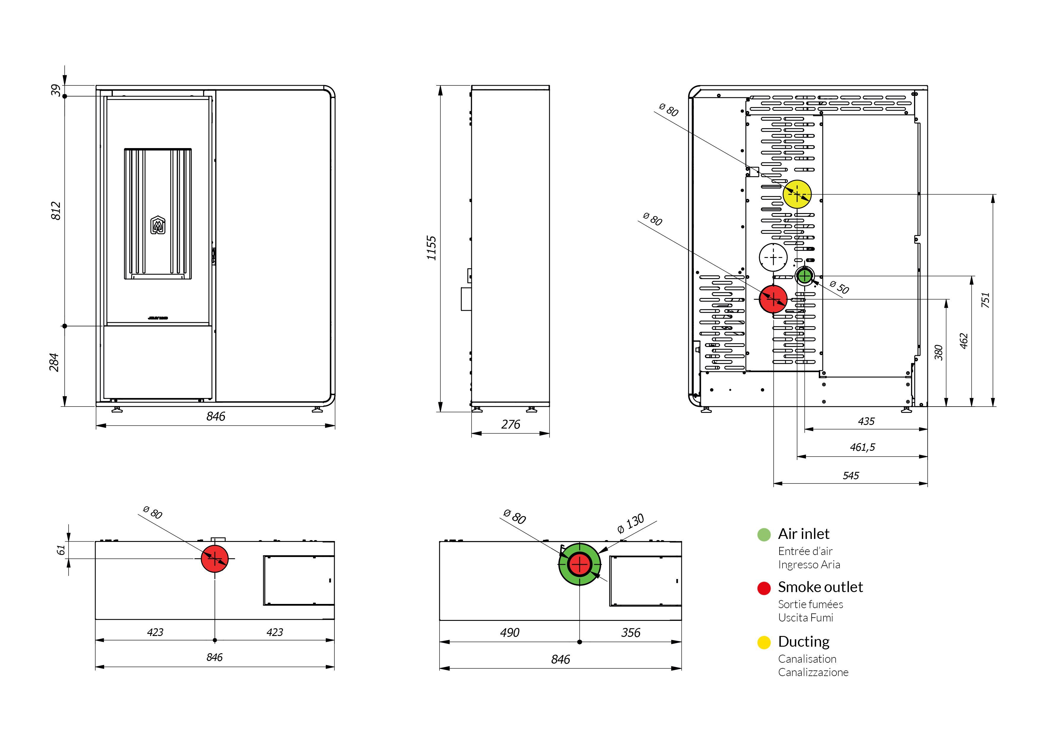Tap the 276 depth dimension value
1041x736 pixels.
(x=510, y=424)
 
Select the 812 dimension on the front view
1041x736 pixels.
(x=56, y=211)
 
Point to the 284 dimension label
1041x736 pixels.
(x=54, y=362)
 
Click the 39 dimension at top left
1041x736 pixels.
(x=56, y=90)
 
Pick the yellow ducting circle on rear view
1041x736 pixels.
(x=797, y=194)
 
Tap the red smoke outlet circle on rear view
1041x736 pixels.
(x=773, y=299)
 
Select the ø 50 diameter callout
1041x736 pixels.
(x=839, y=287)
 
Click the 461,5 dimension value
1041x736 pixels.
(x=862, y=448)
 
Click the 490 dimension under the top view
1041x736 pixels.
(x=510, y=633)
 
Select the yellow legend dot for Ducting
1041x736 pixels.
(x=764, y=642)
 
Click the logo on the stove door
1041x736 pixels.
(x=158, y=225)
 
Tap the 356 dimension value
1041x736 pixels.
(x=631, y=633)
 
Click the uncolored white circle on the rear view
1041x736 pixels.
(x=773, y=257)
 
